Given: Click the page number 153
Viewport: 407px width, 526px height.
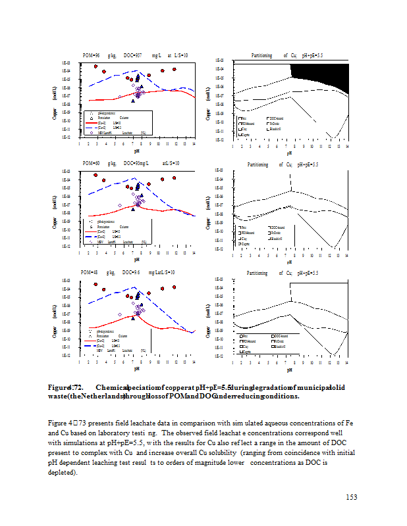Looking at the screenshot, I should (351, 496).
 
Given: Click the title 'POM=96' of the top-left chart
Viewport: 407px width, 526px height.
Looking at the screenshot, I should (91, 56).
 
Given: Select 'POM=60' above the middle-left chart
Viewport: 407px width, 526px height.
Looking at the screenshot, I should (91, 163).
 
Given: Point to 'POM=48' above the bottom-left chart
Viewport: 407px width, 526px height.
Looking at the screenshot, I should (90, 272).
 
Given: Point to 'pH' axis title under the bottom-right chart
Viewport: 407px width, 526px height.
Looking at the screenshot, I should (290, 370).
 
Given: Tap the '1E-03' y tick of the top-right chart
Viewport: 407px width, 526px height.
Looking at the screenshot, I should (221, 60).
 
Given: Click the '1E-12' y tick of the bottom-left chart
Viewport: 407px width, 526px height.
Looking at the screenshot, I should (66, 355).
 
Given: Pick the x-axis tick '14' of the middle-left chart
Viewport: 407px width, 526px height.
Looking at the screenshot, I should (194, 252).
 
